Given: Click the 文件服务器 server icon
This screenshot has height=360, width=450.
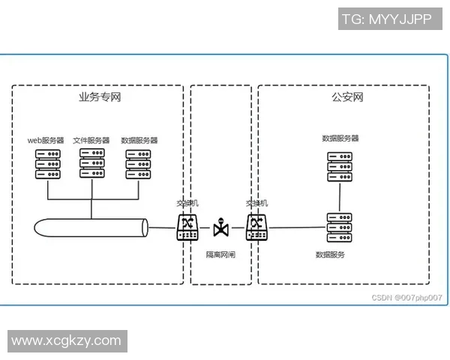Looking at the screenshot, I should click(x=92, y=163).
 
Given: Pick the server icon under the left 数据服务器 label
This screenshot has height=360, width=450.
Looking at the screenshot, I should click(x=139, y=163).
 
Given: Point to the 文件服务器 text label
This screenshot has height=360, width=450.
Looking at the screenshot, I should click(x=91, y=140).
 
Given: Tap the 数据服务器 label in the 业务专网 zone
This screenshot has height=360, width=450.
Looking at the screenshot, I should click(x=139, y=140).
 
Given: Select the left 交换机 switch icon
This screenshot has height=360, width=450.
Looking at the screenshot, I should click(x=187, y=226).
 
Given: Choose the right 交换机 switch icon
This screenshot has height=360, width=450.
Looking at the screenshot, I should click(x=256, y=226).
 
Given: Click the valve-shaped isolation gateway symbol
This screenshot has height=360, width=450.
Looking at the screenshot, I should click(x=221, y=226).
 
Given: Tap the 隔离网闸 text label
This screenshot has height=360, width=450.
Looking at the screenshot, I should click(x=221, y=254).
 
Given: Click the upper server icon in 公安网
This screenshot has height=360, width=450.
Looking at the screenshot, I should click(x=340, y=166).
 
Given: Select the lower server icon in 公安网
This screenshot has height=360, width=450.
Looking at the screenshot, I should click(x=340, y=226).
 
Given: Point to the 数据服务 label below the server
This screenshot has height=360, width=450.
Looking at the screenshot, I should click(x=331, y=255).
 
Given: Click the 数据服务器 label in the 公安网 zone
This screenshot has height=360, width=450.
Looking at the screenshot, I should click(x=340, y=139).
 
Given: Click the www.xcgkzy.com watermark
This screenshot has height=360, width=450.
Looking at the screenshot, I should click(x=66, y=340).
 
